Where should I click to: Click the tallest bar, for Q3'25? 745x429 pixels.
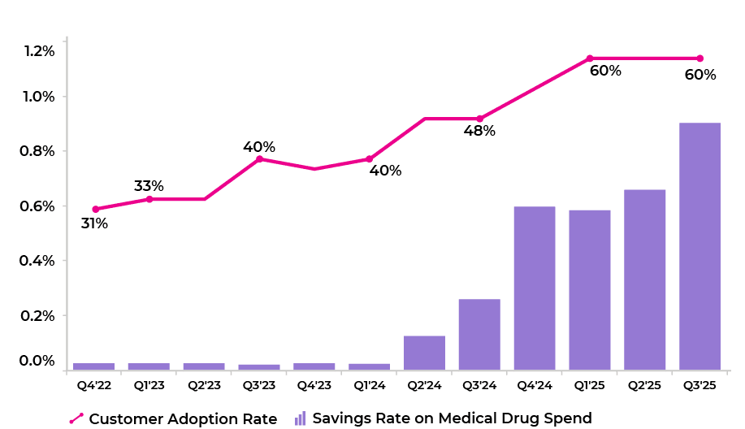pyautogui.click(x=700, y=246)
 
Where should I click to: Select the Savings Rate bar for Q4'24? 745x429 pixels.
pyautogui.click(x=535, y=288)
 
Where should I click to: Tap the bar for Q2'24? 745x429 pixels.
pyautogui.click(x=424, y=353)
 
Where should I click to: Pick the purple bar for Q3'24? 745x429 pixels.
pyautogui.click(x=479, y=334)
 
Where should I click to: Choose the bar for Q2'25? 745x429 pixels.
pyautogui.click(x=644, y=279)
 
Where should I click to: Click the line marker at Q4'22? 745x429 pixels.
pyautogui.click(x=95, y=209)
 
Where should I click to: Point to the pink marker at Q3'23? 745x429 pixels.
pyautogui.click(x=259, y=158)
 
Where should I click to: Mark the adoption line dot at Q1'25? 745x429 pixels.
pyautogui.click(x=590, y=58)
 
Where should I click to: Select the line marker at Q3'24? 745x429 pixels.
pyautogui.click(x=479, y=119)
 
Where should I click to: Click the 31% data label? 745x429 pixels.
pyautogui.click(x=94, y=223)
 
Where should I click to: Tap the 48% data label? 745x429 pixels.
pyautogui.click(x=479, y=131)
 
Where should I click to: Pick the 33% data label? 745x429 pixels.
pyautogui.click(x=149, y=186)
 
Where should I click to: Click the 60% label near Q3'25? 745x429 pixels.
pyautogui.click(x=700, y=75)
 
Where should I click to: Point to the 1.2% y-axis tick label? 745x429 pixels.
pyautogui.click(x=39, y=51)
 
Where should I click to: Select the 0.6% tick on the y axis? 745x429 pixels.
pyautogui.click(x=39, y=206)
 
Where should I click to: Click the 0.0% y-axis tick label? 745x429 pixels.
pyautogui.click(x=39, y=361)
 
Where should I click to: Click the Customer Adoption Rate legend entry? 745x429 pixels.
pyautogui.click(x=173, y=418)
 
